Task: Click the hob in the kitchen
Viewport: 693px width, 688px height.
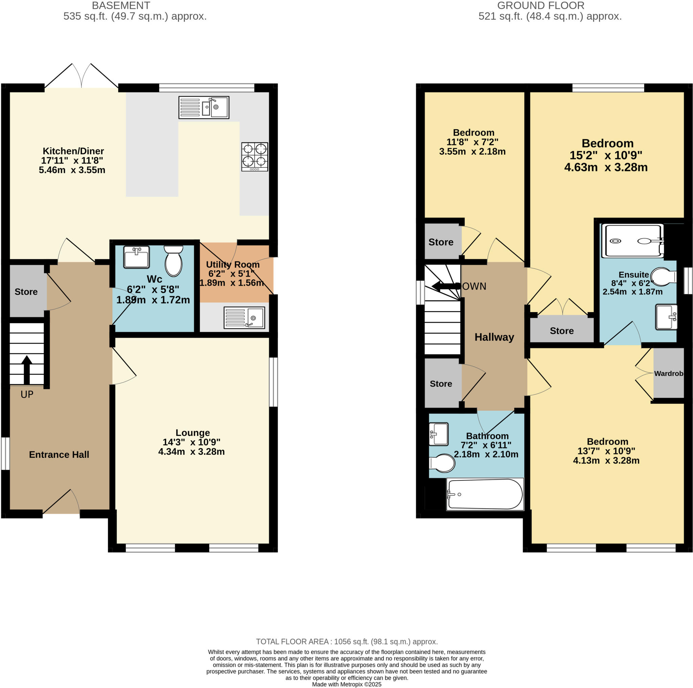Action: [254, 157]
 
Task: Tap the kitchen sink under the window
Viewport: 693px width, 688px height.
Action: [204, 107]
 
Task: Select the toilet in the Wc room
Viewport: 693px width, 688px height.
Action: [174, 262]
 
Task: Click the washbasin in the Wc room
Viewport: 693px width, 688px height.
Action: [136, 257]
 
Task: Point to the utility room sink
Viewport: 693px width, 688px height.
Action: [244, 317]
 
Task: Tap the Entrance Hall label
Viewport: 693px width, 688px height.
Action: [59, 454]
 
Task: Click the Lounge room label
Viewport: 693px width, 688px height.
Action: [193, 432]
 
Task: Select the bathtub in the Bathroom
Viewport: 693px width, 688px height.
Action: [485, 494]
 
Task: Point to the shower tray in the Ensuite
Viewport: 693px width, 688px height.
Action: [632, 241]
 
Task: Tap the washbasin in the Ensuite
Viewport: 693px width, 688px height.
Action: [666, 317]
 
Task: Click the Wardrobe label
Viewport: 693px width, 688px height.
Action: [668, 373]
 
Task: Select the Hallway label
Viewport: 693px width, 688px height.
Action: [494, 337]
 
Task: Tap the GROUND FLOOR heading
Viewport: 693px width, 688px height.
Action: [540, 5]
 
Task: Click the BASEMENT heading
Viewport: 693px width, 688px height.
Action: [121, 5]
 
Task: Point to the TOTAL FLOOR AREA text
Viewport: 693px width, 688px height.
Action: [346, 641]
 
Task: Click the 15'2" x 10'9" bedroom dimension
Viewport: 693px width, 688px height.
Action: [606, 155]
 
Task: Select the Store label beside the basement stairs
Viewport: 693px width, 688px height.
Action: [26, 292]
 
